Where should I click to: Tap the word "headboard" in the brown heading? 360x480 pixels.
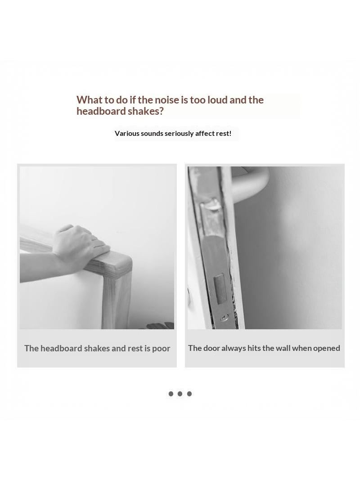[x=101, y=111]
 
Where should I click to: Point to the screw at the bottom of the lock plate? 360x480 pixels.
[x=225, y=318]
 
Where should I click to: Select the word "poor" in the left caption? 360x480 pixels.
[x=161, y=349]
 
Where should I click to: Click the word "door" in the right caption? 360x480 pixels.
[x=211, y=348]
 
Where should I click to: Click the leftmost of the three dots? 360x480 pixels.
[x=171, y=394]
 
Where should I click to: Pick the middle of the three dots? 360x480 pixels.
[x=180, y=394]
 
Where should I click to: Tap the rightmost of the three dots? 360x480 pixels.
[x=189, y=394]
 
